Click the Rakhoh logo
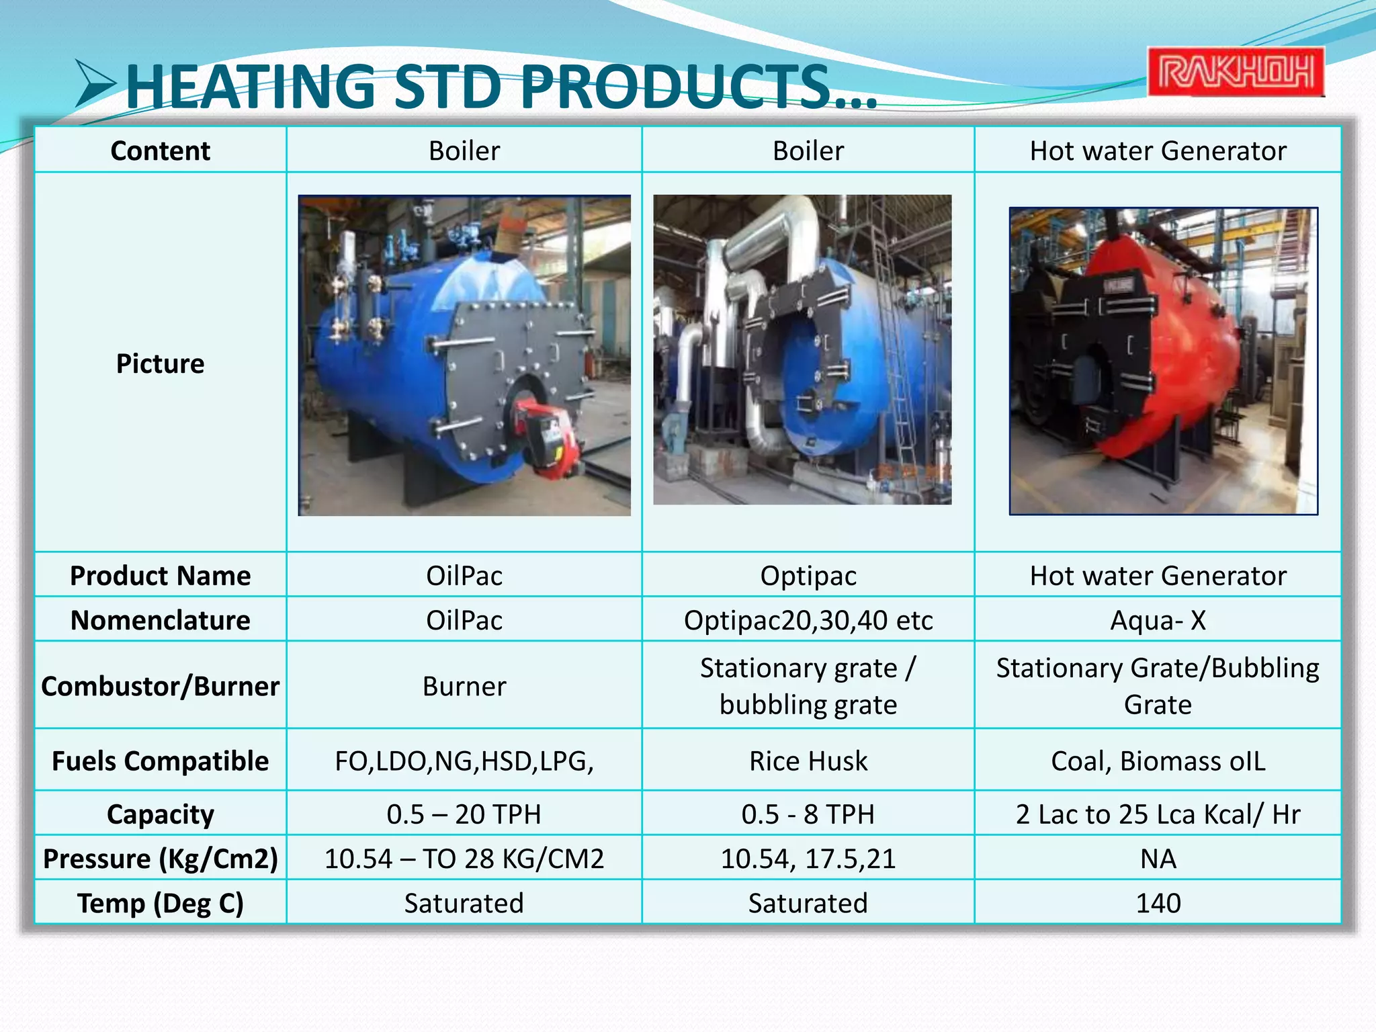coord(1235,72)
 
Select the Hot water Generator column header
coord(1158,150)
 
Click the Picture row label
coord(160,363)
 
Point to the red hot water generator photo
coord(1163,361)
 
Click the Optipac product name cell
coord(808,576)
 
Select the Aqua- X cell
coord(1158,620)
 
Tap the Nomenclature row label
coord(160,620)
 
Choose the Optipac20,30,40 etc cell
coord(808,620)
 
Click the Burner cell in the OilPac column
coord(464,686)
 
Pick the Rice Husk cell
coord(808,761)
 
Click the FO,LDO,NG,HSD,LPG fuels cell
coord(464,761)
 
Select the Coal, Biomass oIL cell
coord(1158,761)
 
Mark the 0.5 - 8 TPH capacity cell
coord(808,814)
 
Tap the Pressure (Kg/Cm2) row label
coord(160,859)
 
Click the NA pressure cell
coord(1158,859)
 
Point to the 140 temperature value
coord(1158,903)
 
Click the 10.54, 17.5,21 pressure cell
coord(808,859)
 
